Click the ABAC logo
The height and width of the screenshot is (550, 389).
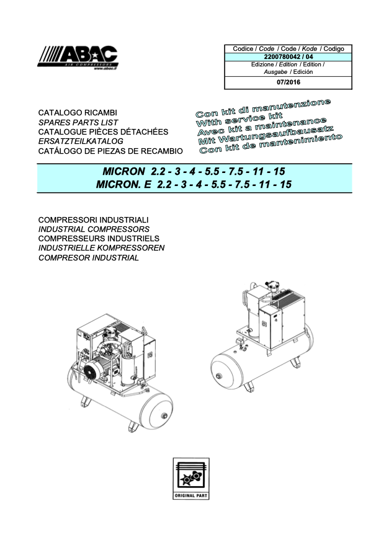coord(78,58)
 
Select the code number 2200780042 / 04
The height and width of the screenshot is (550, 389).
coord(288,57)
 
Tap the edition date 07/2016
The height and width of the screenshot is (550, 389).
coord(288,82)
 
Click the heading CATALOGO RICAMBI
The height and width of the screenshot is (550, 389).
coord(78,113)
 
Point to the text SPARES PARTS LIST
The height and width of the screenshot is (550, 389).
coord(78,122)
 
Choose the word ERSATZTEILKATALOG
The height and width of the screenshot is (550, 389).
coord(81,141)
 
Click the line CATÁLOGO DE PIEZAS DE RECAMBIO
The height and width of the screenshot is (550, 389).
coord(110,151)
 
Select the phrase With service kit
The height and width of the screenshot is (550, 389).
coord(239,120)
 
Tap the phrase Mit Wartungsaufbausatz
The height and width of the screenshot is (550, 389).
coord(266,135)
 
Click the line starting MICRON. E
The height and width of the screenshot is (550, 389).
coord(194,184)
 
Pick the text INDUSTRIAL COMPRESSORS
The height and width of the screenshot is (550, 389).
coord(94,229)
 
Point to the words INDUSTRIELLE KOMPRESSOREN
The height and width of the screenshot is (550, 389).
coord(102,248)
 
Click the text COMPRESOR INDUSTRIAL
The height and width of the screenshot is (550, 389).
coord(89,258)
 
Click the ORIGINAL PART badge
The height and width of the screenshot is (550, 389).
coord(191,479)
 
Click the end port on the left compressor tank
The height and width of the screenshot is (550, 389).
coord(164,416)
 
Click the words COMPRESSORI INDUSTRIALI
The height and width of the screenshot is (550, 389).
coord(94,220)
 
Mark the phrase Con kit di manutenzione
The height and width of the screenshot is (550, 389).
coord(263,109)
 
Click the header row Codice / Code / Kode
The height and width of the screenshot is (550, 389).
coord(288,49)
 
